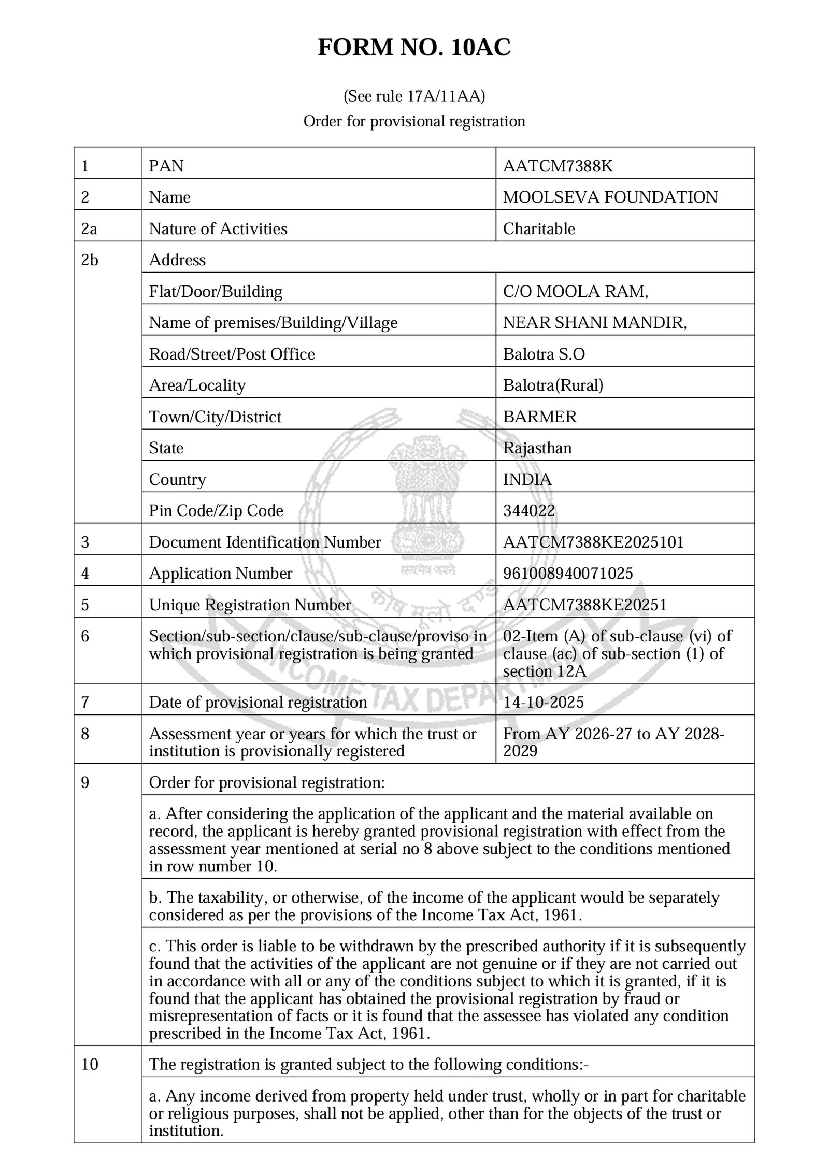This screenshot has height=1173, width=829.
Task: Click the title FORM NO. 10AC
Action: coord(414,48)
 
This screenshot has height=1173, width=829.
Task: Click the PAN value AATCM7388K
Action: coord(558,166)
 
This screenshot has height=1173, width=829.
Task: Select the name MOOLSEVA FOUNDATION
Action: coord(610,197)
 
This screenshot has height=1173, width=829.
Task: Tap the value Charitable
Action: coord(538,228)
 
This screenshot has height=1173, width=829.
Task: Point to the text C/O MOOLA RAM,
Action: coord(575,291)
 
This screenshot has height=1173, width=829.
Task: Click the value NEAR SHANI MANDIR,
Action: coord(594,322)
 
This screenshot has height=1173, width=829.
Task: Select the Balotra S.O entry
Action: coord(544,354)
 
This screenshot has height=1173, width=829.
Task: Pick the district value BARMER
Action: coord(539,417)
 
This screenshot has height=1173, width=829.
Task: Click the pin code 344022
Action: coord(528,510)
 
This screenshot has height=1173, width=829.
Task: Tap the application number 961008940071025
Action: coord(567,573)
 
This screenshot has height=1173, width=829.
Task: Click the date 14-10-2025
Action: coord(543,702)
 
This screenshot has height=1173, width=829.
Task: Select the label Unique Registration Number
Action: coord(250,605)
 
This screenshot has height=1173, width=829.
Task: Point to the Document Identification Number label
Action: coord(265,542)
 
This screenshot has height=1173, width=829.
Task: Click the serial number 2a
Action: coord(89,228)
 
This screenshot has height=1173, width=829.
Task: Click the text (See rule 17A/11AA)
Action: coord(414,96)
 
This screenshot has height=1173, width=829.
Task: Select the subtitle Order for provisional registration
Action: coord(414,121)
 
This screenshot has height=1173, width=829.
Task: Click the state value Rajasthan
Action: coord(537,448)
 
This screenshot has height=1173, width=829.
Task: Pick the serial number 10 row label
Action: coord(90,1065)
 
